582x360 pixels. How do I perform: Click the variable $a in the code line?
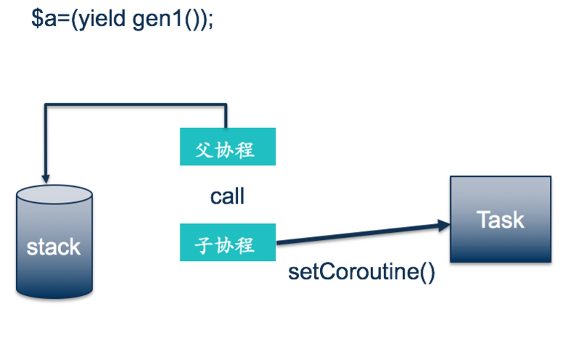41,20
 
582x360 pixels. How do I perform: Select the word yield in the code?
102,20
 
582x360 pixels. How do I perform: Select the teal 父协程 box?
228,147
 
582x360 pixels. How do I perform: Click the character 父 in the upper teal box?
204,148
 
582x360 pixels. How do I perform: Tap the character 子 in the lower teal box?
204,243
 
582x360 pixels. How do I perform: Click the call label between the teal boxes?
228,196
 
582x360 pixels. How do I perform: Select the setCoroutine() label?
362,273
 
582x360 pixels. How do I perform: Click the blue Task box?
501,218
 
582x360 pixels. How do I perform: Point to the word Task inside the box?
501,219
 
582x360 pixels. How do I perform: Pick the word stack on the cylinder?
54,247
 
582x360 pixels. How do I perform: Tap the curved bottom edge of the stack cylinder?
55,295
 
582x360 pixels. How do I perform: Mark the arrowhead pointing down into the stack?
46,177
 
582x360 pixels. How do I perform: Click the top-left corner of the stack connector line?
46,106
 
